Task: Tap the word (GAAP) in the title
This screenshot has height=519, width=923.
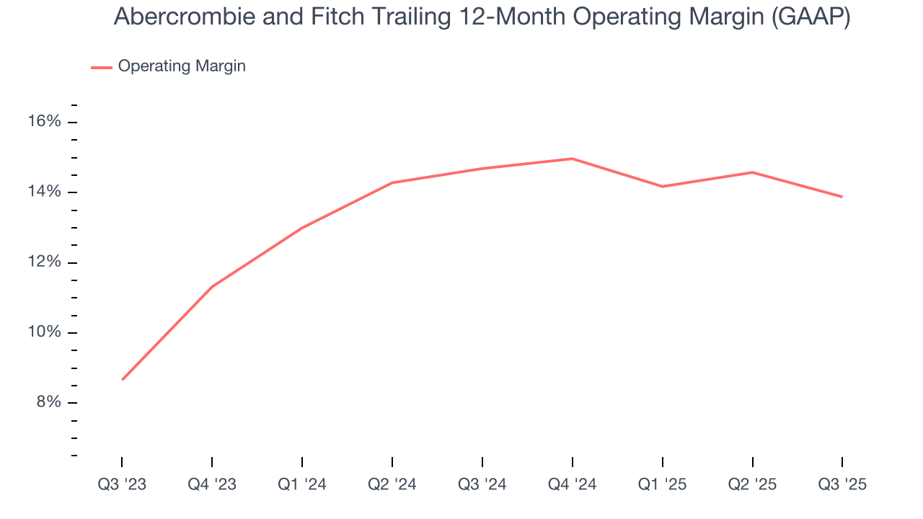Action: click(811, 18)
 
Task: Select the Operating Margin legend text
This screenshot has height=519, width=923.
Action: click(182, 66)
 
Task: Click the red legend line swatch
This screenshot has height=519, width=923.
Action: click(102, 67)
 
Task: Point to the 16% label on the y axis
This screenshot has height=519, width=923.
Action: click(44, 122)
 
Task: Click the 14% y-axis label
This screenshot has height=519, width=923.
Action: click(44, 192)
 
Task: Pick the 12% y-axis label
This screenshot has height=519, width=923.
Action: click(44, 262)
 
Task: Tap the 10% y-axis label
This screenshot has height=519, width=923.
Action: click(44, 332)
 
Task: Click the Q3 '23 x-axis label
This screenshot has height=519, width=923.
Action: click(122, 485)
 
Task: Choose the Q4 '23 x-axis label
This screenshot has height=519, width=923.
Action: click(212, 485)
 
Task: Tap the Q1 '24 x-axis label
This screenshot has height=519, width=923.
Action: click(302, 485)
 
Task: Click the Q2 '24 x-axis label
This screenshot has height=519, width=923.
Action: click(392, 485)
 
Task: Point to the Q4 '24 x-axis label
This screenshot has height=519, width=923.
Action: click(573, 485)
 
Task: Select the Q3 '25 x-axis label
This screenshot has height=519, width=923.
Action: click(842, 485)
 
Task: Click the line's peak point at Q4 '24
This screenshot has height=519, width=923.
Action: click(573, 159)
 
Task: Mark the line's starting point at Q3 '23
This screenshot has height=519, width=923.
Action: click(123, 379)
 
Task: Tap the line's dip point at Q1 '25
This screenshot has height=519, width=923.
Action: click(662, 187)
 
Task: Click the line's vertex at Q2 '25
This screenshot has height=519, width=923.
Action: click(752, 172)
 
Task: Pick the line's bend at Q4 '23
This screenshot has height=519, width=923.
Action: click(212, 287)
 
